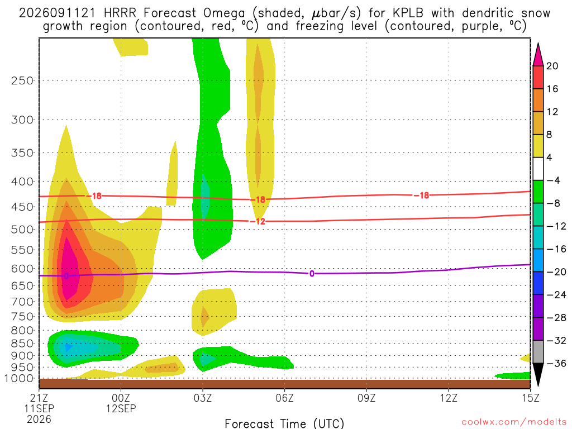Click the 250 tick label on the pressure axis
22,80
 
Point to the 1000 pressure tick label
19,378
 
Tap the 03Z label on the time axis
203,398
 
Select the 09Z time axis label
366,398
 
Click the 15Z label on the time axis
530,398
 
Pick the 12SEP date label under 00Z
121,408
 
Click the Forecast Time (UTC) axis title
284,423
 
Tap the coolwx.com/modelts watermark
514,422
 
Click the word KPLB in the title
408,13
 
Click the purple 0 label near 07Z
312,274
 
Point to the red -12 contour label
258,221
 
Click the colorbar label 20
552,66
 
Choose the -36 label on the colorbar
556,363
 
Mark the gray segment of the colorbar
538,352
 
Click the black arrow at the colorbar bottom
538,374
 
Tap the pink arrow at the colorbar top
538,55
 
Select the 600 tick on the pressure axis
22,269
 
